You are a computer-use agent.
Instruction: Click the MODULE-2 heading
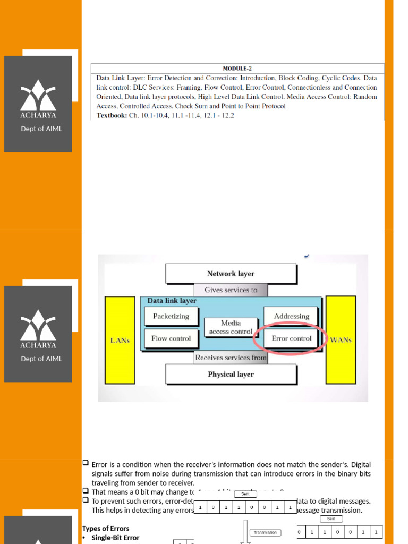point(237,69)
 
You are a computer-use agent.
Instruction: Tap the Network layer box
point(231,274)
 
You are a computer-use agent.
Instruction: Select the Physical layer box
point(231,374)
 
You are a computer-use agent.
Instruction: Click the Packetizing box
point(171,316)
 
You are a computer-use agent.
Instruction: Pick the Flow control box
point(171,338)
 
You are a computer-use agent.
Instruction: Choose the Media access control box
point(231,327)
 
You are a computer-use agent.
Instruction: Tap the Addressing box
point(291,316)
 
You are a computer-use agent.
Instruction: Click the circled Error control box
point(291,338)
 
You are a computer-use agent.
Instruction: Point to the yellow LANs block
point(120,340)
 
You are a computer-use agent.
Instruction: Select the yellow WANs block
point(341,340)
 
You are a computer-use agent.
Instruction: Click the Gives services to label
point(231,290)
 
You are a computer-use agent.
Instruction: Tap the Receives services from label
point(231,358)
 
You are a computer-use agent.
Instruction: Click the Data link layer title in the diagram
point(172,301)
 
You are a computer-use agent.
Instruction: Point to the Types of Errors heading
point(106,529)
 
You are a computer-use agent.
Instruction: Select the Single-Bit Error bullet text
point(115,538)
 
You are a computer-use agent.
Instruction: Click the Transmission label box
point(265,532)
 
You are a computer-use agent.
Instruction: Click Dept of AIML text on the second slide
point(41,359)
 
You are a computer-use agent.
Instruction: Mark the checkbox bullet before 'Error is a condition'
point(86,463)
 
